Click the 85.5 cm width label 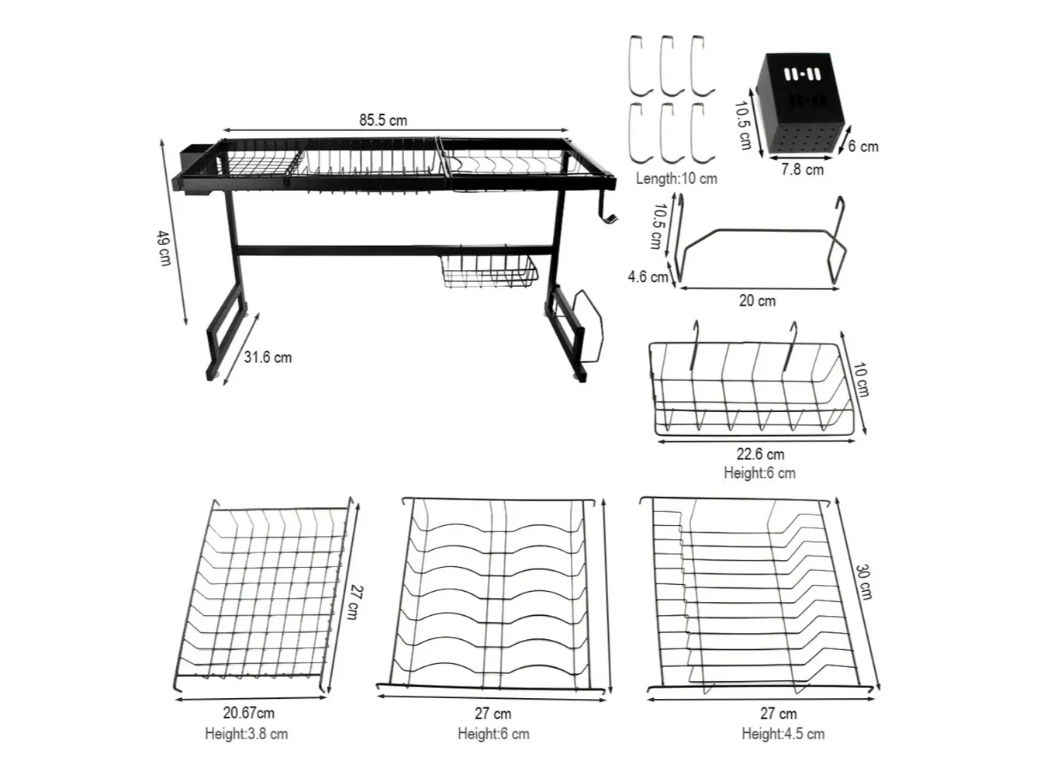click(x=382, y=120)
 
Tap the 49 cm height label click(x=164, y=248)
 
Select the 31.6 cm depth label click(x=268, y=357)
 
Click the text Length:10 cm click(x=676, y=178)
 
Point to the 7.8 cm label click(x=802, y=170)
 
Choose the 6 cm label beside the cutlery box click(x=862, y=147)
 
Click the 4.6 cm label click(x=647, y=276)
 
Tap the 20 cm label click(x=757, y=300)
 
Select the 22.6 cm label click(x=760, y=454)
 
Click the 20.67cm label click(x=248, y=713)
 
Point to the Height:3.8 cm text click(x=246, y=734)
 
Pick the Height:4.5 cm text click(x=783, y=734)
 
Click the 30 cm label click(x=863, y=582)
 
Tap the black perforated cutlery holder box click(x=800, y=103)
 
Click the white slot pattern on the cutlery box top click(x=802, y=74)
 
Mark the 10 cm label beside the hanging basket click(x=861, y=380)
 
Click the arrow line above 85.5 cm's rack click(x=395, y=130)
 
